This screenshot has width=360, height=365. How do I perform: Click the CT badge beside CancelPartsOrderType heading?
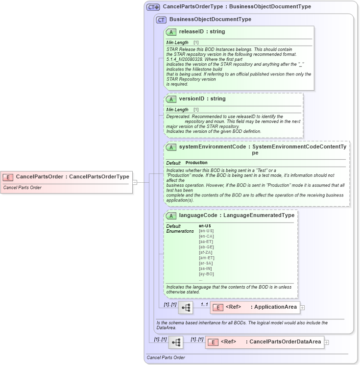pos(153,7)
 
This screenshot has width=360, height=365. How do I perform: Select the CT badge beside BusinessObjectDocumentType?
pos(161,20)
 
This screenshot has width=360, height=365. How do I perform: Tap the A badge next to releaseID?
pos(171,32)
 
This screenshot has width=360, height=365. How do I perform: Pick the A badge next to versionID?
pos(171,99)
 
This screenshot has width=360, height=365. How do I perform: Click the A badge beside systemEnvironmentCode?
pos(171,147)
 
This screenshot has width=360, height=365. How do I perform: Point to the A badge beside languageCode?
pos(171,216)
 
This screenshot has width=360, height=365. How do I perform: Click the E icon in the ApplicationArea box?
pos(219,307)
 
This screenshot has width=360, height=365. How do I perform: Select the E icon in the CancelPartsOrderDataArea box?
pos(213,342)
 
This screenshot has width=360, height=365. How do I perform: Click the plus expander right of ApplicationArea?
pos(302,308)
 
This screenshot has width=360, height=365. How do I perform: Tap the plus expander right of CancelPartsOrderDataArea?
pos(327,342)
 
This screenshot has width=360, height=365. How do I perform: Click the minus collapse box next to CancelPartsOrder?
pos(135,182)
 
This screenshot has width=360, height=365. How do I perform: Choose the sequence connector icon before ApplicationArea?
pos(186,308)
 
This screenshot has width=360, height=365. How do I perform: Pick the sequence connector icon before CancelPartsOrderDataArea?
pos(176,342)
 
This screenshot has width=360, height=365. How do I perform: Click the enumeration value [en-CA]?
pos(206,236)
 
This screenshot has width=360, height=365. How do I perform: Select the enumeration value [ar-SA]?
pos(206,263)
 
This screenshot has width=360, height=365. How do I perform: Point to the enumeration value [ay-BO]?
pos(206,274)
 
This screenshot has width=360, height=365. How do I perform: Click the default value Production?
pos(196,163)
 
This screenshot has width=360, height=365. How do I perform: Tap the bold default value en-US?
pos(205,226)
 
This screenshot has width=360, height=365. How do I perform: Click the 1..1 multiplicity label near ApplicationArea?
pos(204,304)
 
